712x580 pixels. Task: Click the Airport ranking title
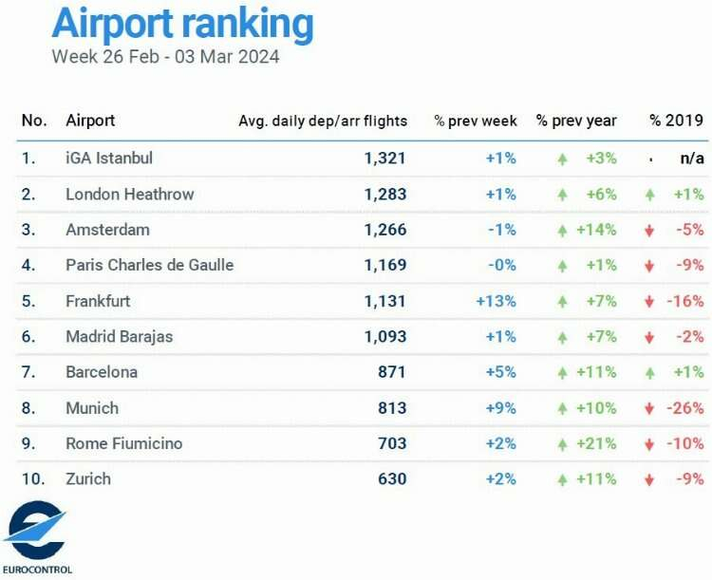pyautogui.click(x=181, y=24)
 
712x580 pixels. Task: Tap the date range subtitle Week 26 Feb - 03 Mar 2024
pyautogui.click(x=165, y=57)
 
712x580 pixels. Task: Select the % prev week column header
pyautogui.click(x=476, y=121)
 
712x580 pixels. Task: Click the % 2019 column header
pyautogui.click(x=676, y=121)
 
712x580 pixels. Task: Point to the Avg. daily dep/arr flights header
pyautogui.click(x=323, y=121)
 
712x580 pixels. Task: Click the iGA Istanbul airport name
pyautogui.click(x=109, y=158)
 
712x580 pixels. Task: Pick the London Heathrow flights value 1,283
pyautogui.click(x=384, y=194)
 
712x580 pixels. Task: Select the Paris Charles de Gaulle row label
pyautogui.click(x=149, y=265)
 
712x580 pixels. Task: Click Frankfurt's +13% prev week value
pyautogui.click(x=497, y=301)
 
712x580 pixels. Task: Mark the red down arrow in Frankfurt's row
pyautogui.click(x=649, y=302)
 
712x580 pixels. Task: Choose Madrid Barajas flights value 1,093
pyautogui.click(x=384, y=336)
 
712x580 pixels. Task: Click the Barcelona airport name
pyautogui.click(x=102, y=372)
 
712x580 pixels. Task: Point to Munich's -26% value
pyautogui.click(x=686, y=408)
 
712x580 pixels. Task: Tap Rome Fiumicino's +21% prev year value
pyautogui.click(x=596, y=443)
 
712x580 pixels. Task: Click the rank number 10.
pyautogui.click(x=33, y=479)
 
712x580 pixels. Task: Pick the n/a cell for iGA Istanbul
pyautogui.click(x=691, y=158)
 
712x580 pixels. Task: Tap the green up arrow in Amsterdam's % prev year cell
pyautogui.click(x=563, y=231)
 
